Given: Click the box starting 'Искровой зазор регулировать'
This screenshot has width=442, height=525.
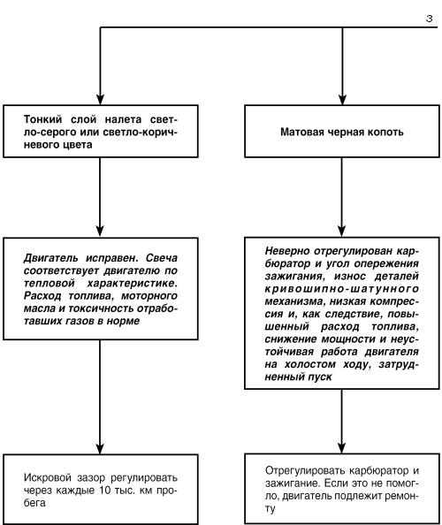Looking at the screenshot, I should tap(103, 490).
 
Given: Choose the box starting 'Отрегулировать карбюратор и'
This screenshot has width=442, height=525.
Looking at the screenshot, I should tap(341, 491).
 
